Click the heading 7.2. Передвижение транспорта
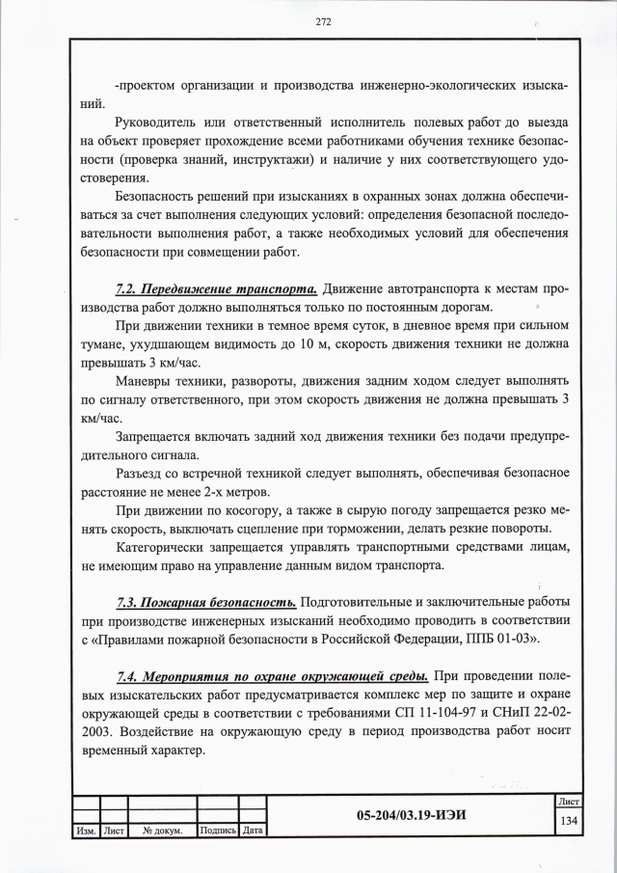217,288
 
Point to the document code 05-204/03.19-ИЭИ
411,814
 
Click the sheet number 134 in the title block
568,820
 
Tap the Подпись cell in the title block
217,830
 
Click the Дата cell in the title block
253,830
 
